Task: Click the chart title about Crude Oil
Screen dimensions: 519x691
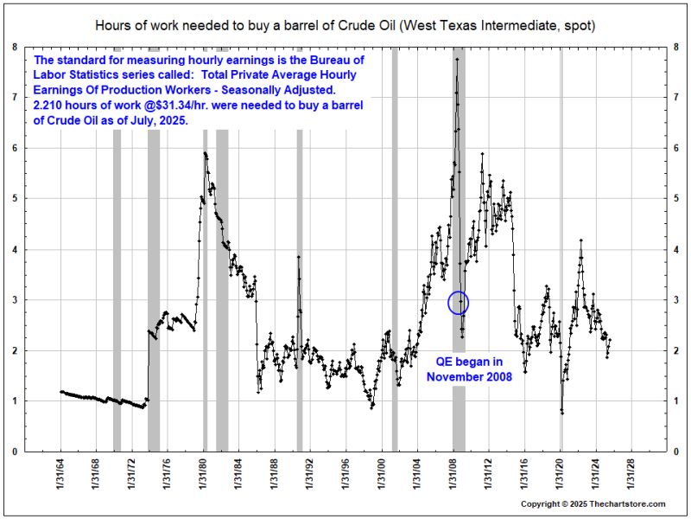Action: (345, 26)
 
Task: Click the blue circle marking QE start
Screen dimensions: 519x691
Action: (459, 303)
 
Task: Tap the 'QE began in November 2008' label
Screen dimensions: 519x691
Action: (469, 368)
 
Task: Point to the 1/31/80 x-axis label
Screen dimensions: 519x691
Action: (204, 480)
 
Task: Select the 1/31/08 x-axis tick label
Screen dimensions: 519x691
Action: (453, 480)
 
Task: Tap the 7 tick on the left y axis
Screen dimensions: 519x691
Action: (15, 98)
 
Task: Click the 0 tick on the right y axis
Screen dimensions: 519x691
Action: (675, 452)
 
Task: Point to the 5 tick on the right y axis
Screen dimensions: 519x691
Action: (675, 199)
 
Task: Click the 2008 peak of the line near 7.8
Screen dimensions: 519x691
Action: (456, 58)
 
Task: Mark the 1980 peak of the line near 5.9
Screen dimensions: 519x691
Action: (205, 153)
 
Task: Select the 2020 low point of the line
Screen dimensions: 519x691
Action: (562, 412)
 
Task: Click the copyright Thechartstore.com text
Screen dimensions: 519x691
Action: (593, 503)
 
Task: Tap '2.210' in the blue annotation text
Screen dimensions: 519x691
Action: (48, 105)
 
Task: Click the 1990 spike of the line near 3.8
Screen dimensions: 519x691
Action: (299, 257)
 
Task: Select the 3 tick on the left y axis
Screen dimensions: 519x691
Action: (15, 300)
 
